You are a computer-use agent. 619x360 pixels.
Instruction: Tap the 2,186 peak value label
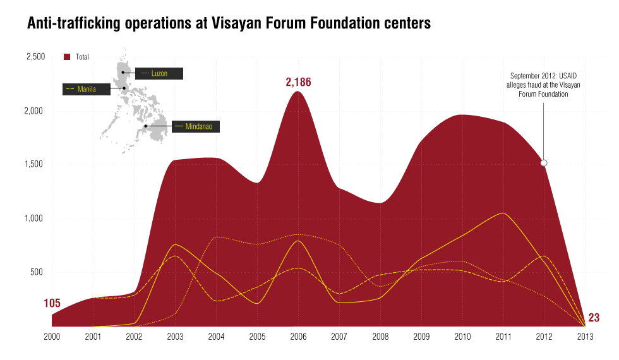299,82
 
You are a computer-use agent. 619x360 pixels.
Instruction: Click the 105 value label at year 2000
52,304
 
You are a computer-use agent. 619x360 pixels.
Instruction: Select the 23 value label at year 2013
594,318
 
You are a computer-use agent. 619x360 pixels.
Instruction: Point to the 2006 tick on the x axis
299,337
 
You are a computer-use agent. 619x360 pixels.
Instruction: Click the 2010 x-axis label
462,337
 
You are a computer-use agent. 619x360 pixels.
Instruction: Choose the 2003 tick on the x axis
176,337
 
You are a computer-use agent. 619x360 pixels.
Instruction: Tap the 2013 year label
586,337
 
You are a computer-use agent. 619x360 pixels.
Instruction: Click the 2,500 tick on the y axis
35,57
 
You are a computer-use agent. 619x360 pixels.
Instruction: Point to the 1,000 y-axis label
35,219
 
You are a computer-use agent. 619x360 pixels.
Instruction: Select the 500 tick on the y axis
38,272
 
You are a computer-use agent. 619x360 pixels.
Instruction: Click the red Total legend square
67,57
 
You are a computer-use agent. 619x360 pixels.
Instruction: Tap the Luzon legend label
159,74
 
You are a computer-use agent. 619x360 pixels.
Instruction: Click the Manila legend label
87,89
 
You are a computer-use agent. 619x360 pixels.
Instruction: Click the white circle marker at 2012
544,163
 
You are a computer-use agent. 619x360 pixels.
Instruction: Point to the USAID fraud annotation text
544,85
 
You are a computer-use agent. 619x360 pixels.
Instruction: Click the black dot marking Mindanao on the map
146,126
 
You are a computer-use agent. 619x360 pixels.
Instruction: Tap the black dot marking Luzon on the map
123,73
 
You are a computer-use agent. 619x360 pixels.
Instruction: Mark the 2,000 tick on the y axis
35,111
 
